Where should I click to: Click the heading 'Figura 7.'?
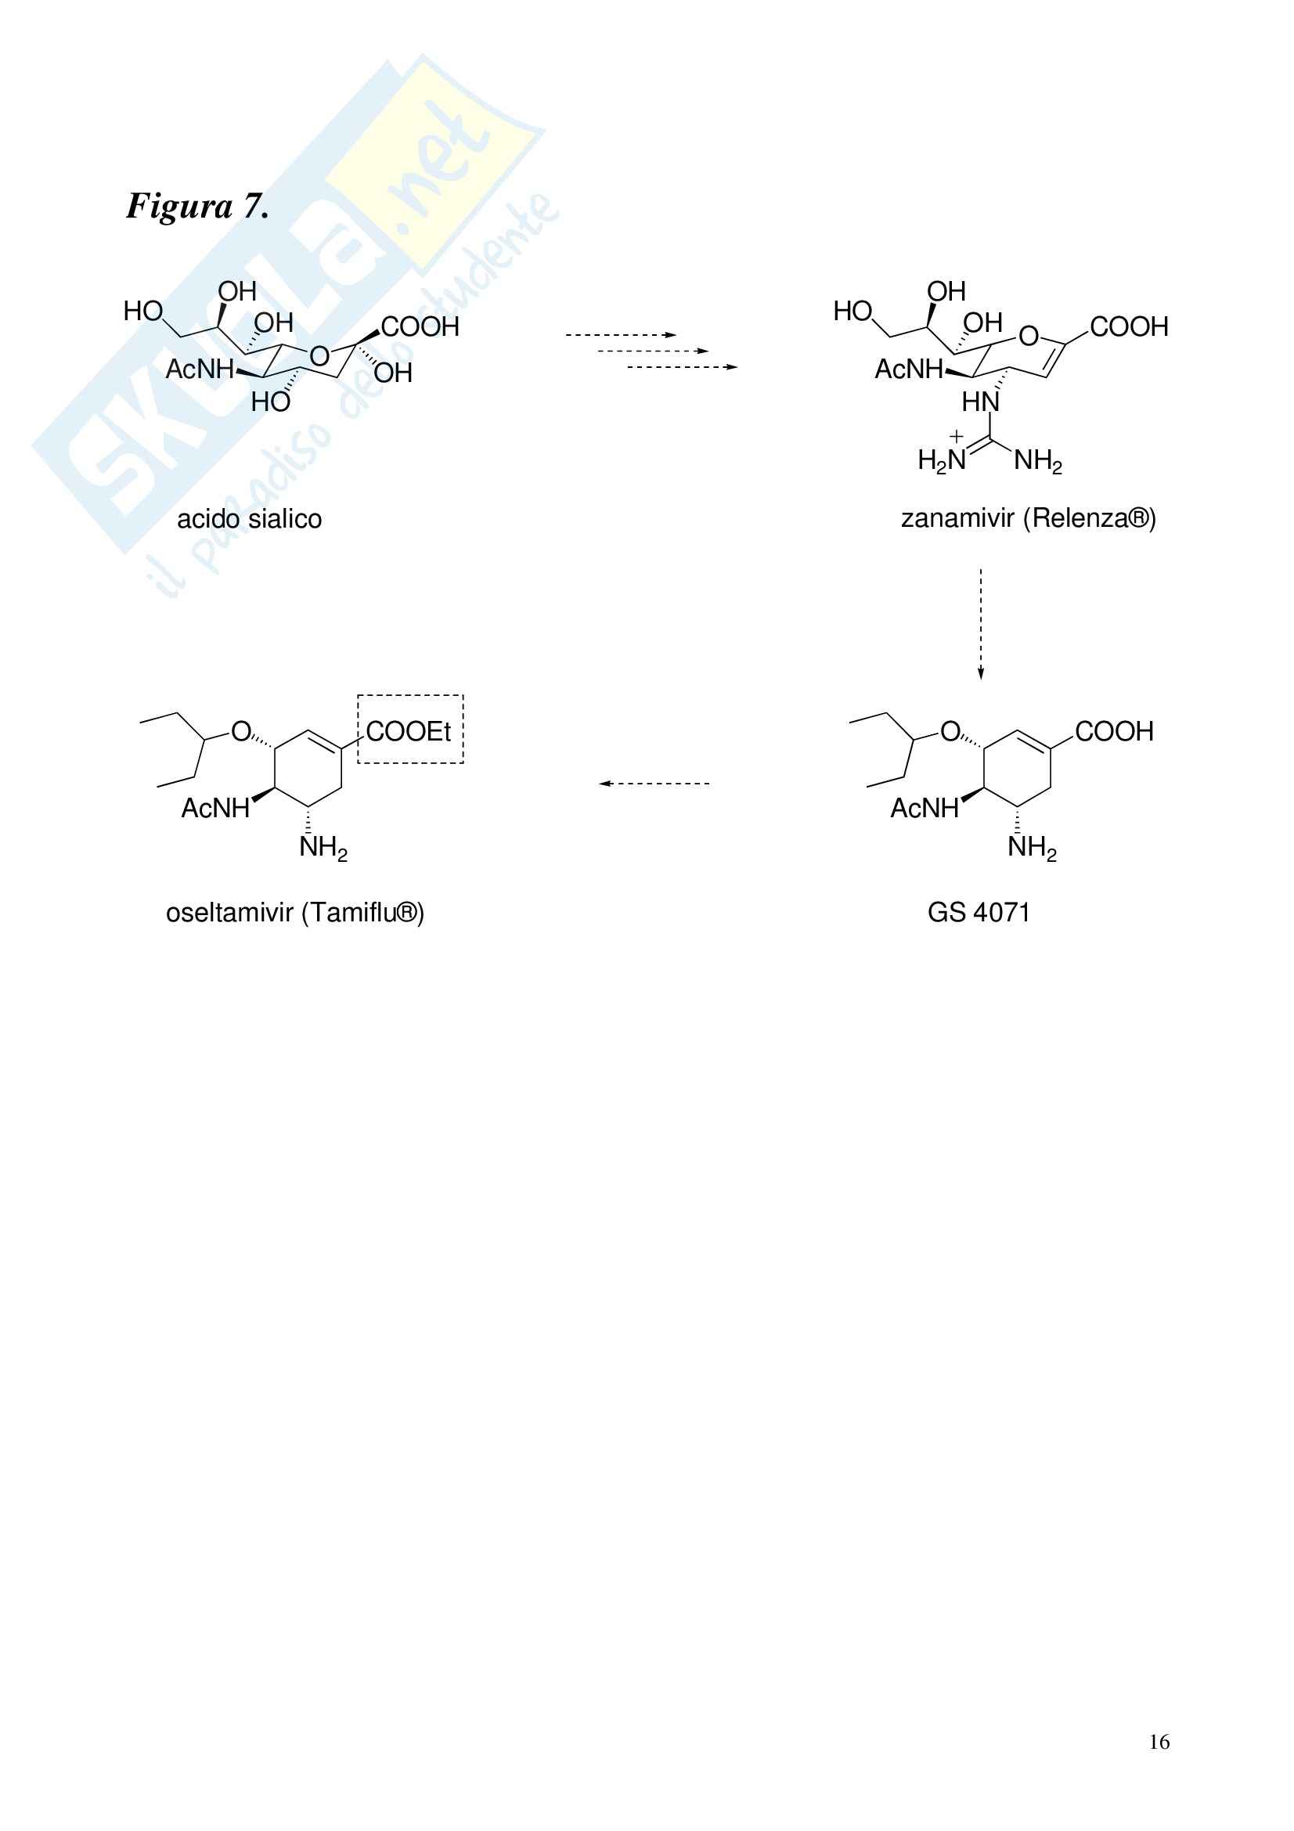pyautogui.click(x=197, y=207)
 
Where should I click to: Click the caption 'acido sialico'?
pyautogui.click(x=249, y=519)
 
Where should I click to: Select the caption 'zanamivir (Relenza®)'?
pyautogui.click(x=1028, y=518)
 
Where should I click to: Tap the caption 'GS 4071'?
pyautogui.click(x=979, y=911)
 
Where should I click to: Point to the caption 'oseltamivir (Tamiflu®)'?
pyautogui.click(x=294, y=911)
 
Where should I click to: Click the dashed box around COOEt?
pyautogui.click(x=410, y=730)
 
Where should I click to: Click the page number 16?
pyautogui.click(x=1159, y=1742)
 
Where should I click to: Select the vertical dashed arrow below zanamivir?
pyautogui.click(x=981, y=623)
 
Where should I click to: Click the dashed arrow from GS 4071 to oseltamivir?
pyautogui.click(x=654, y=783)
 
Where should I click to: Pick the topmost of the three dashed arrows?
pyautogui.click(x=620, y=335)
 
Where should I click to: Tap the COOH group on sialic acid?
pyautogui.click(x=420, y=327)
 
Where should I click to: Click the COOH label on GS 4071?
pyautogui.click(x=1114, y=731)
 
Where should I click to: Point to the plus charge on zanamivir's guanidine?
pyautogui.click(x=956, y=436)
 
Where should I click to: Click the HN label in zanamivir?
pyautogui.click(x=980, y=402)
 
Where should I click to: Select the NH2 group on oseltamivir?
pyautogui.click(x=323, y=848)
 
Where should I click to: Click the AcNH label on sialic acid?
pyautogui.click(x=200, y=369)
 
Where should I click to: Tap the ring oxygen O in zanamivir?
pyautogui.click(x=1029, y=336)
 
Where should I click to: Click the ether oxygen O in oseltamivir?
pyautogui.click(x=240, y=731)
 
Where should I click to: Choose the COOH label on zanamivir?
pyautogui.click(x=1129, y=327)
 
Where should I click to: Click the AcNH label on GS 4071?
pyautogui.click(x=924, y=809)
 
